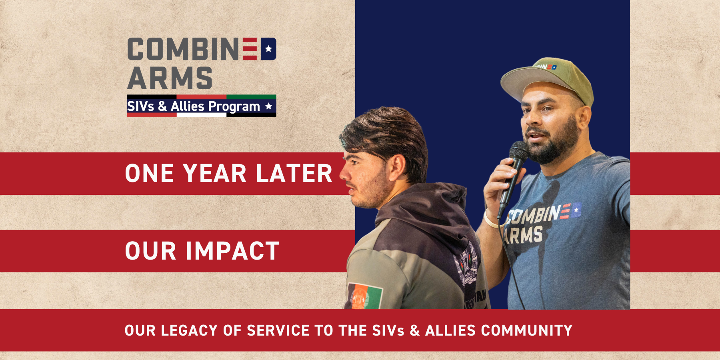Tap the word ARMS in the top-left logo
click(170, 78)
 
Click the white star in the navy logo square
click(268, 49)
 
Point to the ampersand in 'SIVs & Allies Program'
click(162, 106)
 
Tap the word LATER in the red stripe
click(294, 174)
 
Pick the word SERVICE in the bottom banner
click(278, 331)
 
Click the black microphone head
click(519, 152)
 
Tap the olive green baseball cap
click(548, 78)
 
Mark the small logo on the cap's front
click(546, 67)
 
